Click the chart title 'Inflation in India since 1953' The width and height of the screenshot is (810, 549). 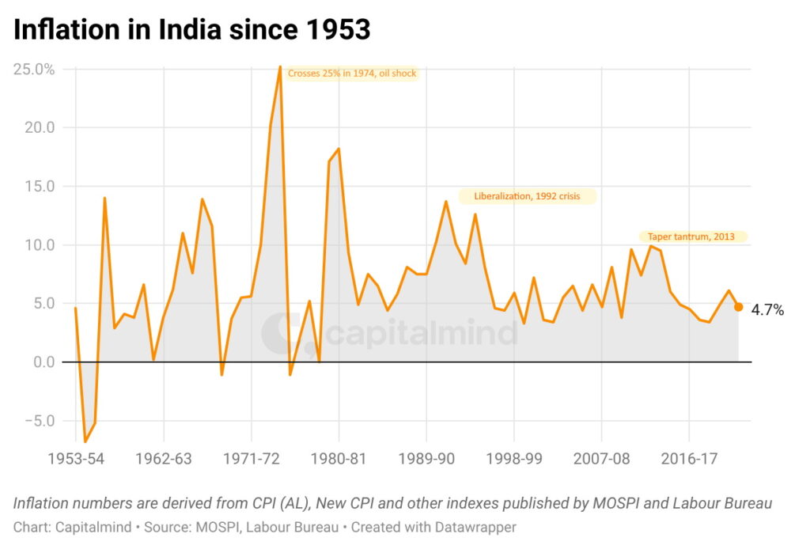[192, 29]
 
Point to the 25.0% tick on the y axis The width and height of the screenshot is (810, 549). [34, 69]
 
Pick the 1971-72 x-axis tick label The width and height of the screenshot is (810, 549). [251, 458]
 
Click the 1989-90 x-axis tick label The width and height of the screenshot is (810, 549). [426, 458]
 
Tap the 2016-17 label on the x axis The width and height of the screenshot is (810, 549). [689, 458]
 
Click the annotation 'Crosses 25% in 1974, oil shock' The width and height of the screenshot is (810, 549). [352, 74]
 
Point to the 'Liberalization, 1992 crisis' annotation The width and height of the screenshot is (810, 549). [527, 196]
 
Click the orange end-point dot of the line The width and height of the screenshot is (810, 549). [738, 307]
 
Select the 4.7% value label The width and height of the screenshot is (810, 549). [767, 311]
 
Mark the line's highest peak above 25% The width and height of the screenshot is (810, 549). [280, 66]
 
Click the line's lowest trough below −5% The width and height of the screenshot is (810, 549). [85, 441]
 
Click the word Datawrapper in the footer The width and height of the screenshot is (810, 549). [479, 526]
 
